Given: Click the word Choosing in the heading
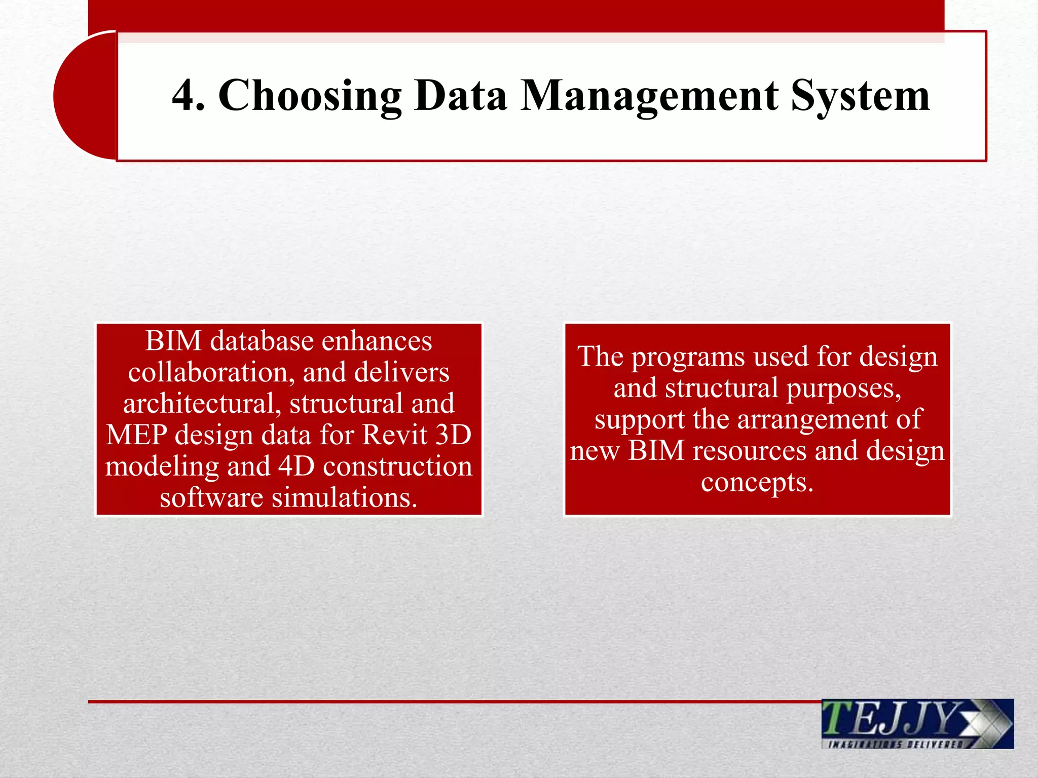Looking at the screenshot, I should pyautogui.click(x=310, y=96).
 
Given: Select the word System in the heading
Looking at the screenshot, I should pyautogui.click(x=860, y=96).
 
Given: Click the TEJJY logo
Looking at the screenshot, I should pyautogui.click(x=917, y=719).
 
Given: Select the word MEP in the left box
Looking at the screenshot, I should pyautogui.click(x=136, y=435).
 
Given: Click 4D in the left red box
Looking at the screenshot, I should pyautogui.click(x=297, y=466).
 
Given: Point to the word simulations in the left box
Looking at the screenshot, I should pyautogui.click(x=344, y=497).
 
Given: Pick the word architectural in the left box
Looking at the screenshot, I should pyautogui.click(x=202, y=404).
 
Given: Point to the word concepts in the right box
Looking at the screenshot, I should pyautogui.click(x=757, y=482).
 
